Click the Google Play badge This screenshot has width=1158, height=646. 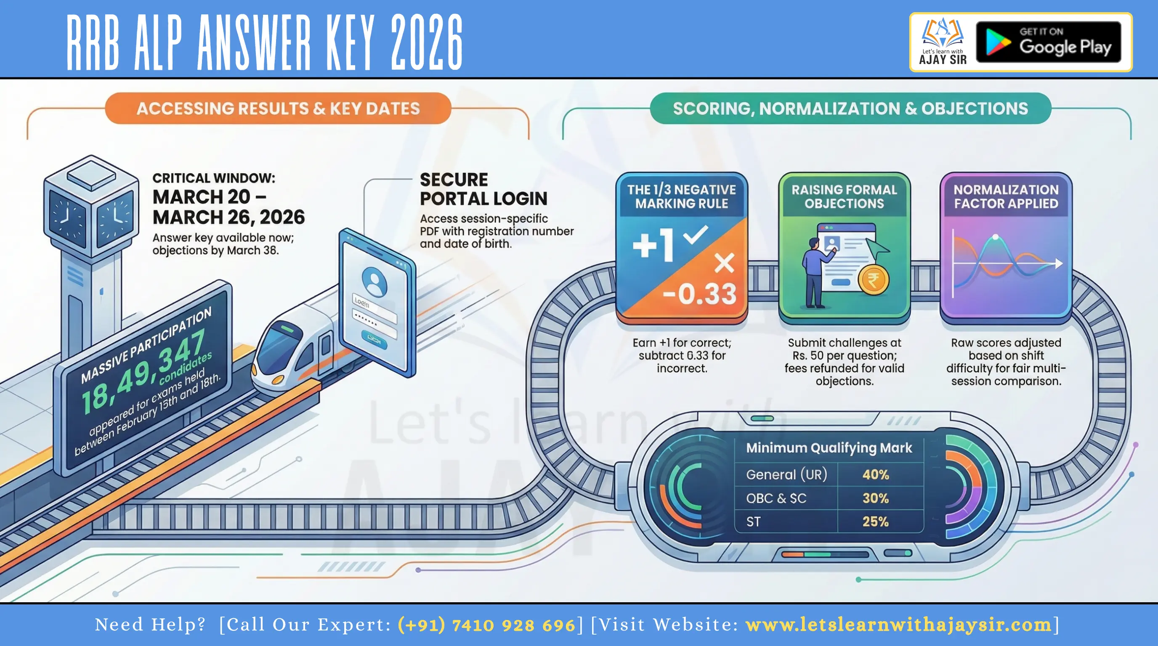pyautogui.click(x=1048, y=42)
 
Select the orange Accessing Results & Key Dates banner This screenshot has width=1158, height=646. pyautogui.click(x=278, y=108)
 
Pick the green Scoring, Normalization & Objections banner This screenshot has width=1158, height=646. pyautogui.click(x=850, y=108)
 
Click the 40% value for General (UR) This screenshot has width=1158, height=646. pyautogui.click(x=875, y=474)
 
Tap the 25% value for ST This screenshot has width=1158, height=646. pyautogui.click(x=875, y=522)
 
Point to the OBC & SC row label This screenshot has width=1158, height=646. pyautogui.click(x=776, y=498)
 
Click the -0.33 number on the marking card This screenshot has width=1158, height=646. pyautogui.click(x=699, y=294)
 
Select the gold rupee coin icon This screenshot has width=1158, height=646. pyautogui.click(x=873, y=280)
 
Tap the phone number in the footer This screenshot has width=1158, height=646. pyautogui.click(x=486, y=625)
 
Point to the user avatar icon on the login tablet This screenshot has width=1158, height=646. pyautogui.click(x=374, y=282)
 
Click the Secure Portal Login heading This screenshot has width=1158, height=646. pyautogui.click(x=483, y=189)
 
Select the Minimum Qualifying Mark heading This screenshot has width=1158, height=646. pyautogui.click(x=829, y=447)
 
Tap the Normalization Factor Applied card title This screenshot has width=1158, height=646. pyautogui.click(x=1006, y=196)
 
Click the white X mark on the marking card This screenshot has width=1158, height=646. pyautogui.click(x=724, y=263)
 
